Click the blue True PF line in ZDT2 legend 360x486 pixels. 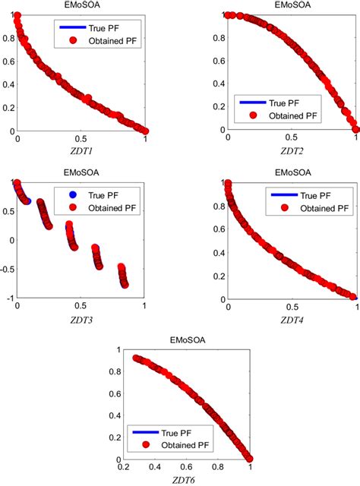point(253,103)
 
